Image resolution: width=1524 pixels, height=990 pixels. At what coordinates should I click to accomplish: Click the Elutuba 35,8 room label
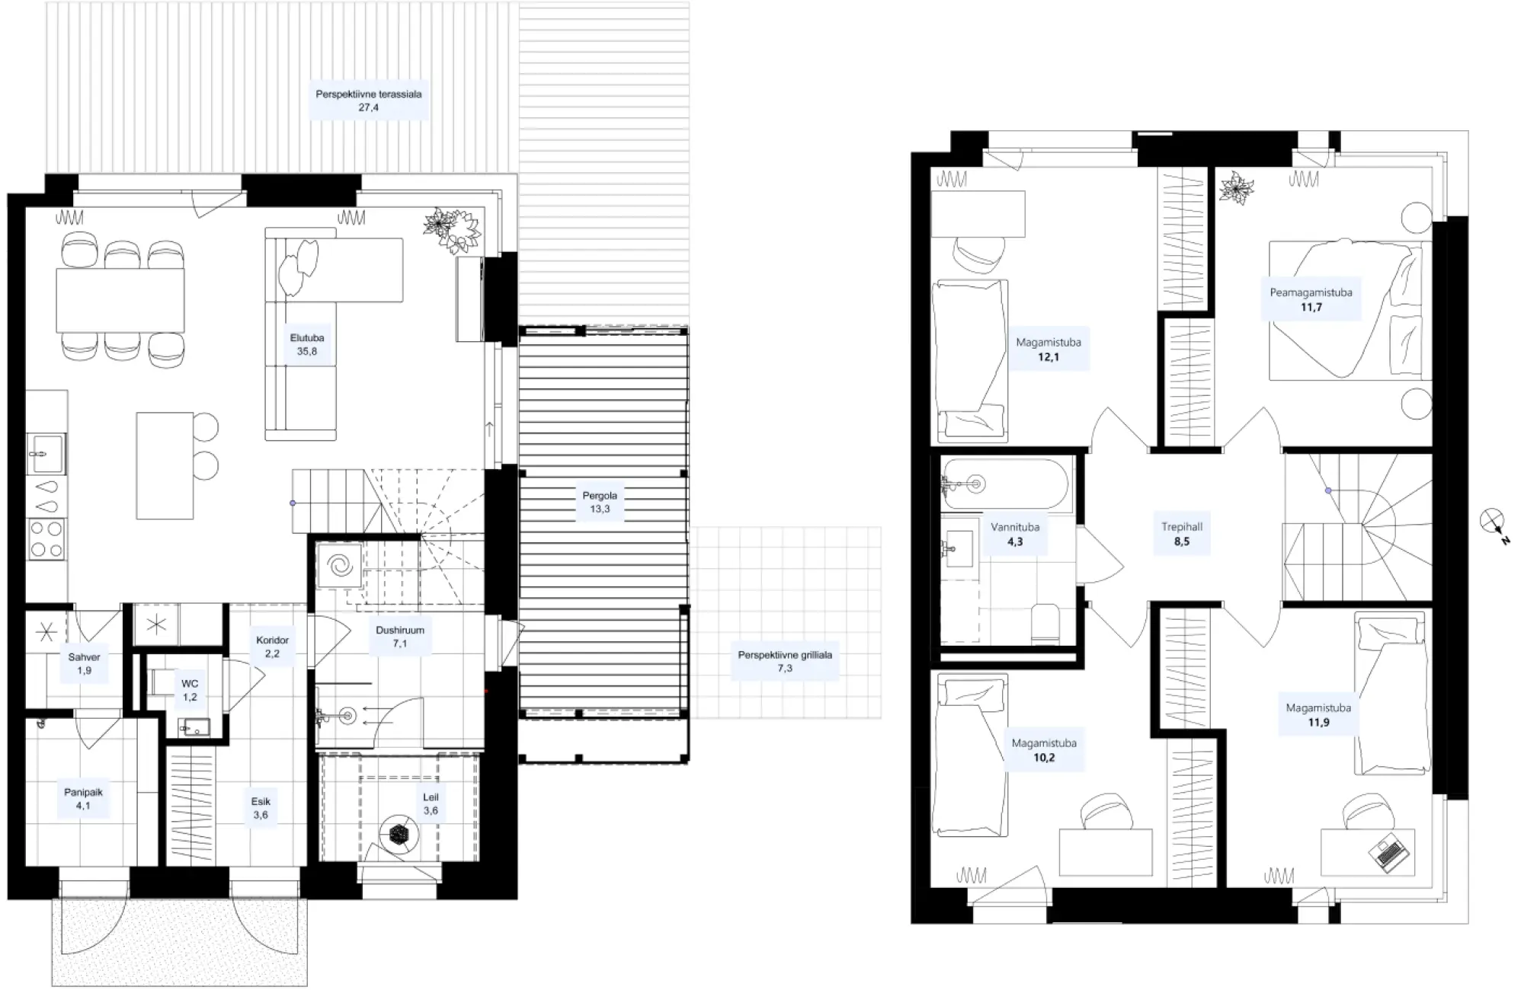click(x=307, y=345)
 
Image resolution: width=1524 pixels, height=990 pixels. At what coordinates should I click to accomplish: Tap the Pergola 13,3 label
click(x=600, y=503)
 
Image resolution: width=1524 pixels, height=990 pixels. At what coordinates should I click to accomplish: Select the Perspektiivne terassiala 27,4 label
click(x=369, y=101)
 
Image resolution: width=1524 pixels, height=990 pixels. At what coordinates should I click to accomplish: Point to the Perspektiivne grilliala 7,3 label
click(x=785, y=661)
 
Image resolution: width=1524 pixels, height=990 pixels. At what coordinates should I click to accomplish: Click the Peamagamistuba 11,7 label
click(x=1311, y=299)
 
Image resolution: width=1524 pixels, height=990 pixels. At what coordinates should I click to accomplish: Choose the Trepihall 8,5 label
click(x=1182, y=534)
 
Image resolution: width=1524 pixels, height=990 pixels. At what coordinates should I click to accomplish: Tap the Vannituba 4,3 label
click(x=1015, y=534)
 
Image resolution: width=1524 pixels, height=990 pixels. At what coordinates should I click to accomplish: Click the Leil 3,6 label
click(x=431, y=804)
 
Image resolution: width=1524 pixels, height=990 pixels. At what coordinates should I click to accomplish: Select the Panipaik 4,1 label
click(x=83, y=799)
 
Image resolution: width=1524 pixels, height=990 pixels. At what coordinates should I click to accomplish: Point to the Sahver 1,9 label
click(x=84, y=663)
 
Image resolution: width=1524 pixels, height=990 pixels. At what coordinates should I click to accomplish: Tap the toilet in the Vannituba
click(x=1043, y=624)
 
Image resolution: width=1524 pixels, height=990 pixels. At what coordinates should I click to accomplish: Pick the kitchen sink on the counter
click(x=46, y=455)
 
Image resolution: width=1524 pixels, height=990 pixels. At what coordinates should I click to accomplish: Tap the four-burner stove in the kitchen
click(x=46, y=539)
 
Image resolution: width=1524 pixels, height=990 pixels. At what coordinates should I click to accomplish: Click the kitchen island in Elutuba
click(x=165, y=465)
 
